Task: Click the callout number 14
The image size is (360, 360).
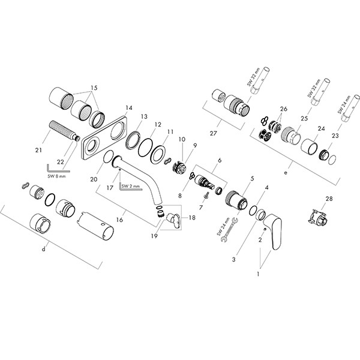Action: click(128, 108)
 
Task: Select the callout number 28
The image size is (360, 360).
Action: click(328, 199)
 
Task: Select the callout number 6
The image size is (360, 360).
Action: click(220, 160)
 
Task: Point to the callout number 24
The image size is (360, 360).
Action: click(322, 128)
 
